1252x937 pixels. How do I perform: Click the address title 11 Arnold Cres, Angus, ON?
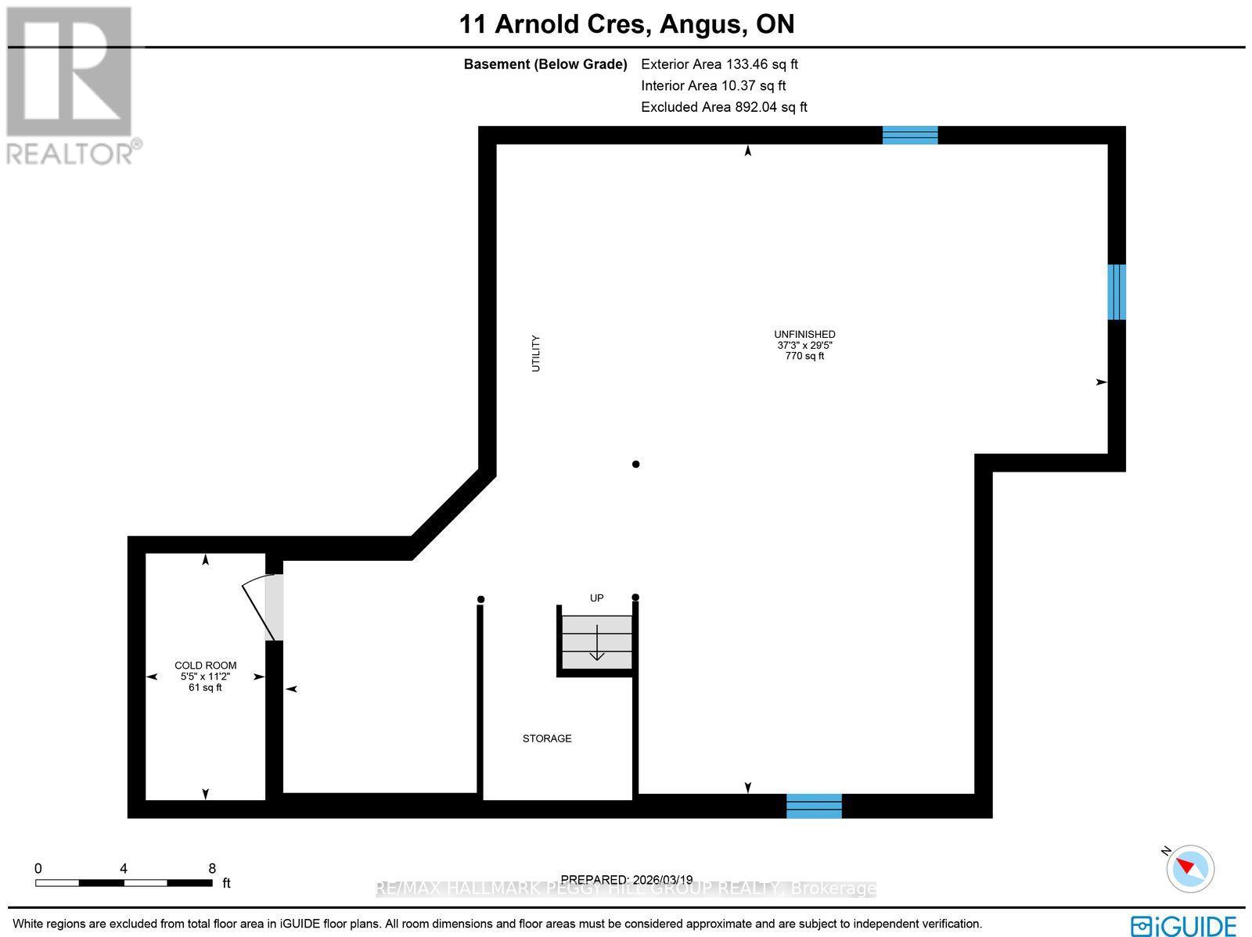pyautogui.click(x=627, y=24)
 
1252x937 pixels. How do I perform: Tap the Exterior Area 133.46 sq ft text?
pyautogui.click(x=719, y=64)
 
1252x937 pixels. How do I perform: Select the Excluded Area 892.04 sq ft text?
pyautogui.click(x=724, y=107)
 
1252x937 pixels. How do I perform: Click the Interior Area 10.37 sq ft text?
pyautogui.click(x=713, y=86)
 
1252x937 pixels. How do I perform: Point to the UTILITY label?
pyautogui.click(x=536, y=353)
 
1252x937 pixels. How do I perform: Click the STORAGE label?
pyautogui.click(x=547, y=738)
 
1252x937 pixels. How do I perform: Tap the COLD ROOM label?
pyautogui.click(x=205, y=666)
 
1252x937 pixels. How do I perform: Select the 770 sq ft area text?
pyautogui.click(x=804, y=356)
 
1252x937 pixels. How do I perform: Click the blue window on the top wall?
pyautogui.click(x=910, y=135)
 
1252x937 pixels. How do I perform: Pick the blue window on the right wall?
pyautogui.click(x=1117, y=292)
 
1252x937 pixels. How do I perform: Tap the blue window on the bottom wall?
pyautogui.click(x=814, y=806)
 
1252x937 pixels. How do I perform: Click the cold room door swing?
pyautogui.click(x=263, y=607)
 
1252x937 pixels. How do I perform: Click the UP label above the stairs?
pyautogui.click(x=597, y=598)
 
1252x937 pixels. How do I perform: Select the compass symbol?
pyautogui.click(x=1190, y=868)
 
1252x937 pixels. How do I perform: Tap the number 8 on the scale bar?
pyautogui.click(x=212, y=868)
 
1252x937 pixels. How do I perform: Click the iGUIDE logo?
pyautogui.click(x=1183, y=925)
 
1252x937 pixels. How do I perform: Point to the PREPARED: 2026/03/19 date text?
pyautogui.click(x=627, y=880)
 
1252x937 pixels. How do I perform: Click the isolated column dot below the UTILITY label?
pyautogui.click(x=636, y=464)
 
